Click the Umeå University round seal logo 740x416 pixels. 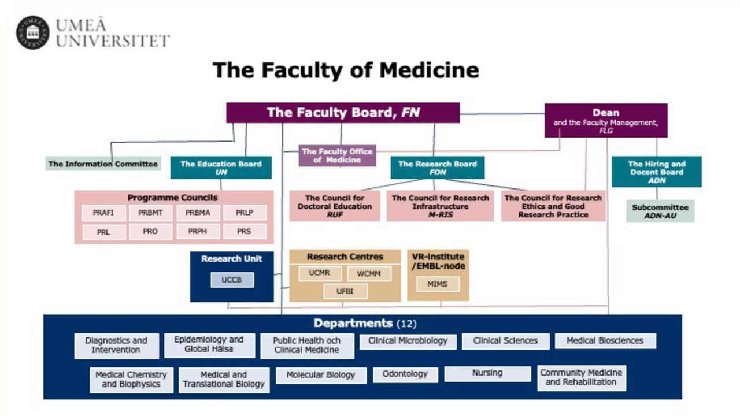click(x=33, y=32)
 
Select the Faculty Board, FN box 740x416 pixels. click(x=343, y=113)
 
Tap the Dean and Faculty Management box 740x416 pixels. click(x=606, y=121)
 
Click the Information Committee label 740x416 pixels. click(x=103, y=164)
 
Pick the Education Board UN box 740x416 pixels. click(x=221, y=168)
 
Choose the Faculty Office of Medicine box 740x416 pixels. click(x=337, y=155)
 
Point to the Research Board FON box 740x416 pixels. click(x=438, y=168)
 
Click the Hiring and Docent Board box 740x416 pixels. click(x=657, y=172)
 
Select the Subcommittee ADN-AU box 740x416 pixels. click(x=660, y=211)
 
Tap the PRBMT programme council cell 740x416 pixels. click(x=150, y=213)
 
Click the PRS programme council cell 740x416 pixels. click(x=245, y=232)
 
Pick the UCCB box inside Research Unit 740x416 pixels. click(x=232, y=280)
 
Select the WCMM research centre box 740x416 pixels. click(x=369, y=274)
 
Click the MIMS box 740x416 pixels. click(x=438, y=284)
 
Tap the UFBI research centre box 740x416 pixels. click(x=345, y=292)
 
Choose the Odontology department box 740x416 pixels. click(x=405, y=375)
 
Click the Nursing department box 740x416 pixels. click(x=487, y=374)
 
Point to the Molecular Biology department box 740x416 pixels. click(x=321, y=376)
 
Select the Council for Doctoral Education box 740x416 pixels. click(x=335, y=206)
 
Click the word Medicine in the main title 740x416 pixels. click(x=429, y=70)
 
